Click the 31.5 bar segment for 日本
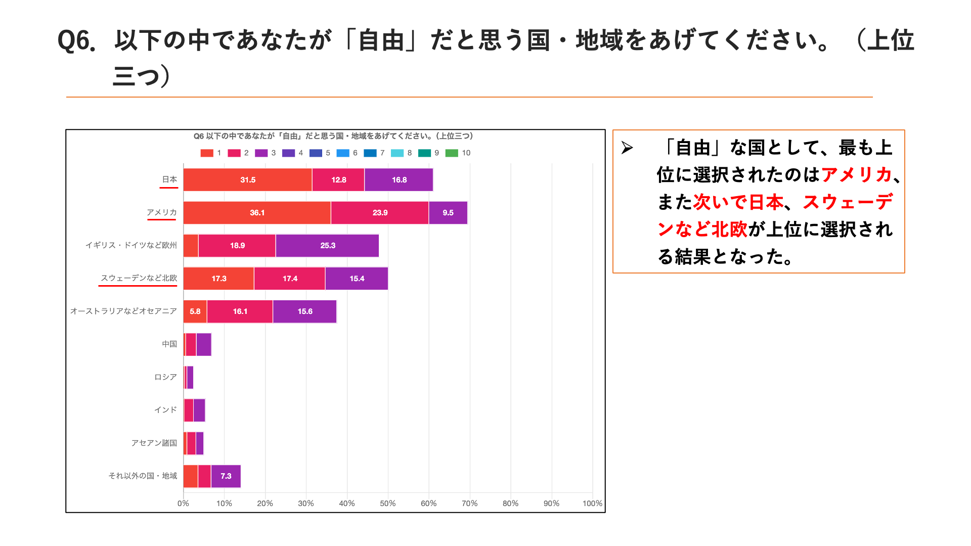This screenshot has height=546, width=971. [x=247, y=180]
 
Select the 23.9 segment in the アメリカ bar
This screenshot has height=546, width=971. [x=380, y=213]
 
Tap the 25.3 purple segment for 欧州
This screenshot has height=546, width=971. [x=327, y=246]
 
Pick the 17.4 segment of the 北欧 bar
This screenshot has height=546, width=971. [x=290, y=279]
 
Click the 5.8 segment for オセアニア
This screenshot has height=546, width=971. [x=195, y=311]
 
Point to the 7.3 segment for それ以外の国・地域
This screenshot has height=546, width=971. [x=226, y=476]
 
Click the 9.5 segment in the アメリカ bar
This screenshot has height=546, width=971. [x=448, y=213]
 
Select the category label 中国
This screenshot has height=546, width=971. [x=169, y=344]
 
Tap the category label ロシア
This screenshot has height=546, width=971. [x=165, y=377]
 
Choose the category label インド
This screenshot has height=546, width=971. [x=165, y=410]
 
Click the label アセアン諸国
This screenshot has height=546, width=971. [x=154, y=443]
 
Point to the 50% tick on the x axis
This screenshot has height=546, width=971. [x=387, y=504]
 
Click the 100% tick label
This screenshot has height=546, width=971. [x=592, y=504]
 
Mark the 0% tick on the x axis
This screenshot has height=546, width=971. [x=183, y=504]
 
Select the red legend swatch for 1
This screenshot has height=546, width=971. [x=207, y=153]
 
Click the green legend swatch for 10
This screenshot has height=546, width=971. [x=452, y=153]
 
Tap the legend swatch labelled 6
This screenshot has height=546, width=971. [x=343, y=153]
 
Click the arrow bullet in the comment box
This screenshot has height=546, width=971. [x=627, y=148]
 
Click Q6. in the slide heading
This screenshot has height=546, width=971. [x=77, y=41]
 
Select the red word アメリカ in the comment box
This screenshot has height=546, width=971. [x=856, y=175]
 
